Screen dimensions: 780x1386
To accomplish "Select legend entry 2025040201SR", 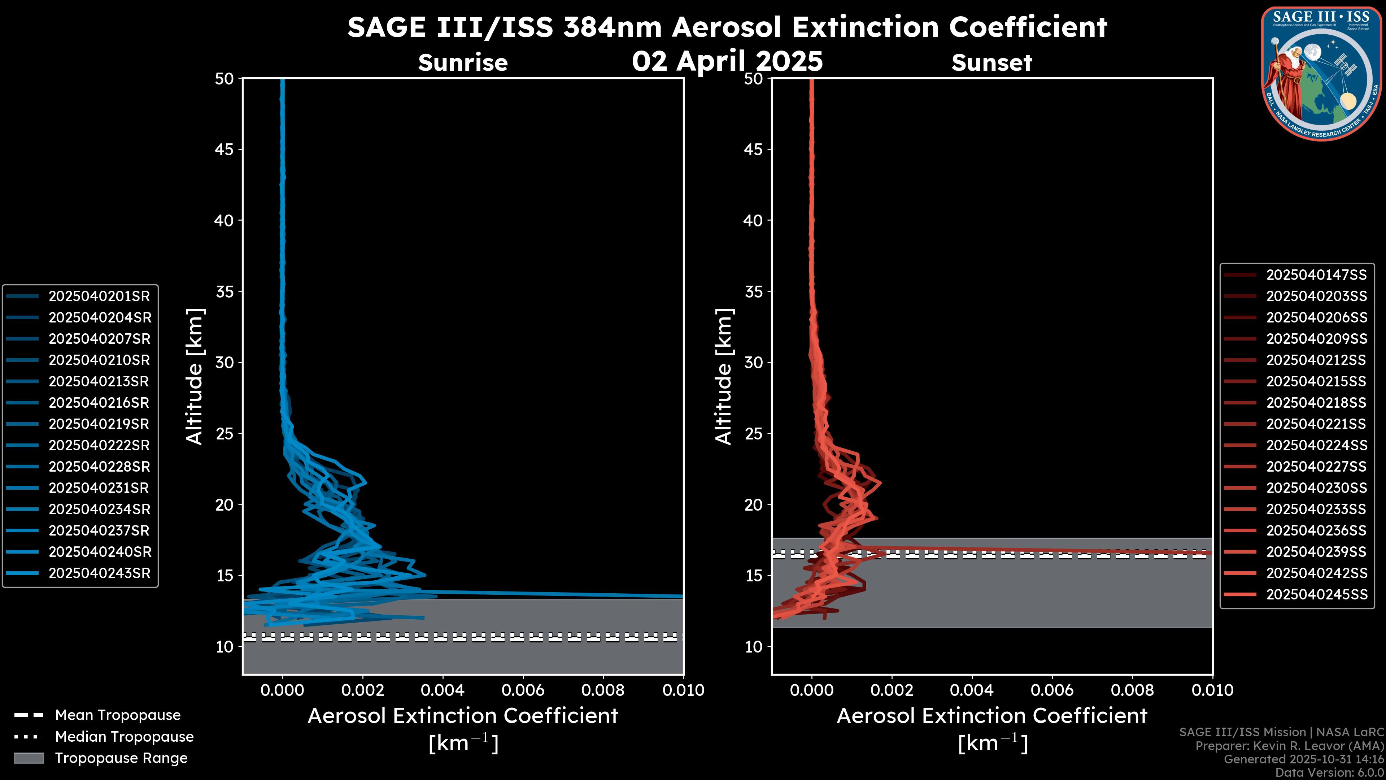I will [99, 296].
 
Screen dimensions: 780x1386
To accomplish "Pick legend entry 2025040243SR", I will [99, 573].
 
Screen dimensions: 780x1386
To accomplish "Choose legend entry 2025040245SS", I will [1316, 594].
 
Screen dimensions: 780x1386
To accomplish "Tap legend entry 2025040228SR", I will [99, 466].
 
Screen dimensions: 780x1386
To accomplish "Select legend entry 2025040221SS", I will [1316, 424].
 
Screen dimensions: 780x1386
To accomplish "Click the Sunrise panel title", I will [463, 63].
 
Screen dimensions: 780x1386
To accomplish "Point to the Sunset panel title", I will [991, 63].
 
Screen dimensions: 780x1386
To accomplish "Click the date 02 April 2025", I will [727, 61].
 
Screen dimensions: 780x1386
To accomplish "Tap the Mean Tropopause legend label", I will [117, 715].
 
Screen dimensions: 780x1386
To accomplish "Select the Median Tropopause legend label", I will [124, 736].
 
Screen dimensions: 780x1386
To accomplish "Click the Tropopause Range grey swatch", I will [29, 758].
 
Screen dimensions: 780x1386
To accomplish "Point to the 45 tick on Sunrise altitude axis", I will [225, 149].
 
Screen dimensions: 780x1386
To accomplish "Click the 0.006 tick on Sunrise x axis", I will [523, 690].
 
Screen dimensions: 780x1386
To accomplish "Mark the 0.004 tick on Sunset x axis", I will [972, 690].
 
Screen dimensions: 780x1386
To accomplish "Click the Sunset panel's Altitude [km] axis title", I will [724, 376].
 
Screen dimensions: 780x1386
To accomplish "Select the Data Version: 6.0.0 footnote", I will [1330, 772].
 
